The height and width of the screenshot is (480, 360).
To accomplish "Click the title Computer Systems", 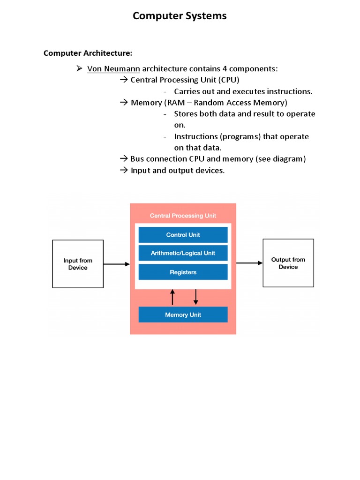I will coord(180,16).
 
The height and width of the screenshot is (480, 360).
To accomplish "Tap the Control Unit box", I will coord(183,235).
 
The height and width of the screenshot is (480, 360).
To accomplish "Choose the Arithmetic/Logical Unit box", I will coord(183,253).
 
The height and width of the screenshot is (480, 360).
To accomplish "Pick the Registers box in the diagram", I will coord(183,272).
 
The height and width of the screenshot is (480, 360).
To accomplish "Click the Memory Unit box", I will coord(183,315).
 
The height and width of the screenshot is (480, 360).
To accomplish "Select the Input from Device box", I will coord(78,264).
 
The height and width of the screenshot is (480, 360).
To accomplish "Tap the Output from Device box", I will coord(288,263).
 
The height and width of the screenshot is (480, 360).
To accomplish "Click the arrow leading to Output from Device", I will coord(249,263).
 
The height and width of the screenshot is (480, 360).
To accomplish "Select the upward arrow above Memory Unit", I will coord(172,297).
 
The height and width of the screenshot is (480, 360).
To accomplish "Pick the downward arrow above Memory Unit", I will coord(196,297).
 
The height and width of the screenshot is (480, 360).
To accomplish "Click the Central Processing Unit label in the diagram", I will coord(183,216).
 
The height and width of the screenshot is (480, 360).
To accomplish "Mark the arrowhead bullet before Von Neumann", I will coord(79,69).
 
